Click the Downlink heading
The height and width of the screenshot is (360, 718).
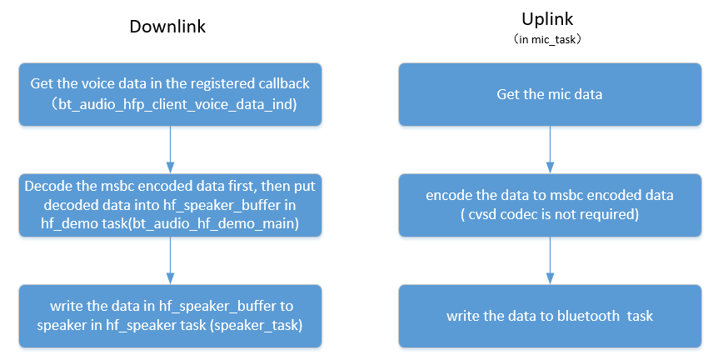point(167,27)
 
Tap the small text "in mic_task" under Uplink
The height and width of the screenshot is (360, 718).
point(550,39)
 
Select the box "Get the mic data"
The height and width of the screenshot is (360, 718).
point(549,94)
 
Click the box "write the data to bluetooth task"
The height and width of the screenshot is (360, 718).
point(549,317)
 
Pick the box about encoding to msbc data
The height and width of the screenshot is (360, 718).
point(549,205)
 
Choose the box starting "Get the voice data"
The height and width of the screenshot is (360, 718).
point(170,94)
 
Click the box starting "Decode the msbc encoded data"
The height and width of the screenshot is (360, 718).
point(170,205)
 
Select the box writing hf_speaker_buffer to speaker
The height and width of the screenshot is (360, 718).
point(170,317)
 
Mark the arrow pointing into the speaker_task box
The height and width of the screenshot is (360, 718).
point(170,261)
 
